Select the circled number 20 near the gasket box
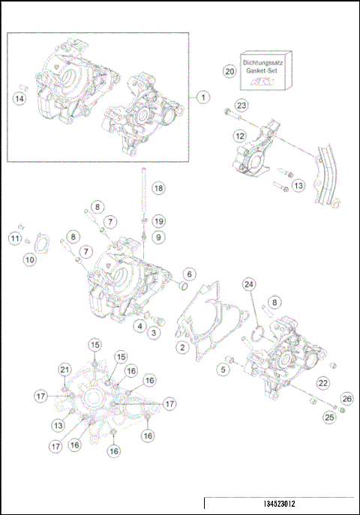tap(230, 70)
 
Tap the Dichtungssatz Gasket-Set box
tap(264, 70)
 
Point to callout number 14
tap(20, 97)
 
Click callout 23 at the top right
tap(241, 105)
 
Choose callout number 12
tap(238, 136)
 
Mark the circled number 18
tap(157, 188)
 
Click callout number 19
tap(157, 221)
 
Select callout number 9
tap(157, 237)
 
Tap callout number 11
tap(15, 238)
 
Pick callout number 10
tap(29, 259)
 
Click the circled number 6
tap(190, 275)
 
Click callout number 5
tap(223, 369)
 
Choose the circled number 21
tap(65, 368)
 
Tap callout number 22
tap(322, 383)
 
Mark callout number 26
tap(346, 398)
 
